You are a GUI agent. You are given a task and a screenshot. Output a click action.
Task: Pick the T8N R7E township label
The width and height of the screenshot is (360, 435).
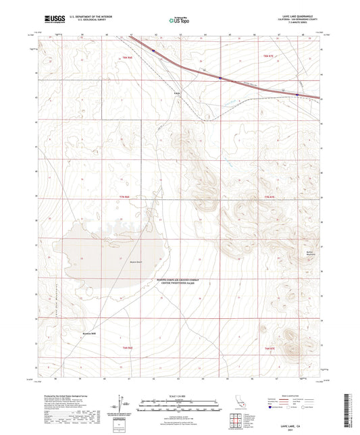click(x=269, y=55)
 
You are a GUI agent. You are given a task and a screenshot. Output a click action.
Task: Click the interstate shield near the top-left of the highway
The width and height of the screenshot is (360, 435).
click(x=153, y=49)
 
